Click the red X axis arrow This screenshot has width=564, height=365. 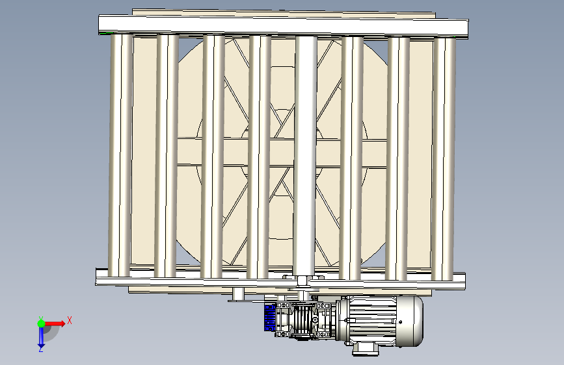[54, 323]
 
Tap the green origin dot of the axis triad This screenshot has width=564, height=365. [41, 323]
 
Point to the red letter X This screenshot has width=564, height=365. [70, 320]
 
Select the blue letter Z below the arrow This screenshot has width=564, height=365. [41, 349]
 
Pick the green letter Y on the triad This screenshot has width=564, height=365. [40, 318]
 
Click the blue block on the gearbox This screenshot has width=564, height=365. [270, 318]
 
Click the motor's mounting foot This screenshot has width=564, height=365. [366, 349]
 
